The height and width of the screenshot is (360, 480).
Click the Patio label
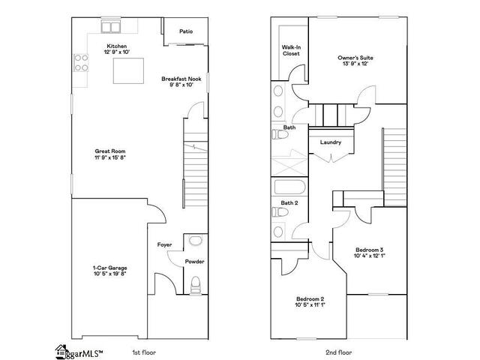[186, 31]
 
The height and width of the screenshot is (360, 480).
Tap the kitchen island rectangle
[128, 70]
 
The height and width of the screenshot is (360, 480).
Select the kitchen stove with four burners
[81, 62]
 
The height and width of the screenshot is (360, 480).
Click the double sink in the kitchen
[110, 27]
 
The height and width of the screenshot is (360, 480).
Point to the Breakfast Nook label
[181, 79]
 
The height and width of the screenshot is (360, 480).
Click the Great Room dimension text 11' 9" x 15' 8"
[110, 157]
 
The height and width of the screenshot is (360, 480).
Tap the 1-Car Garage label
[110, 268]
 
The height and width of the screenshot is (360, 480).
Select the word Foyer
[164, 244]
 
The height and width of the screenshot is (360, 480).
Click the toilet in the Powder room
[195, 285]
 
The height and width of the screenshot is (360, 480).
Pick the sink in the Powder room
[195, 240]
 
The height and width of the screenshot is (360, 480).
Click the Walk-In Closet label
[291, 50]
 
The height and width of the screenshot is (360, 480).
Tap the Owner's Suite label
[355, 58]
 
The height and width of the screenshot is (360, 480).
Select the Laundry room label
[331, 142]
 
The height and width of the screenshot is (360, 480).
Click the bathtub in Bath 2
[289, 187]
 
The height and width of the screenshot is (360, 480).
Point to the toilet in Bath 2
[280, 211]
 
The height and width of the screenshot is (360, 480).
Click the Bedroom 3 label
[370, 250]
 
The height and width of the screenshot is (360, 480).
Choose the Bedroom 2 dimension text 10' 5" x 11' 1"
[310, 304]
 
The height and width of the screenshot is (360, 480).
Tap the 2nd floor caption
[339, 352]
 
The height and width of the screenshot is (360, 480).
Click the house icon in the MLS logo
[61, 352]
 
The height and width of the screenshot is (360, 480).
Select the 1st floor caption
[144, 352]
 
